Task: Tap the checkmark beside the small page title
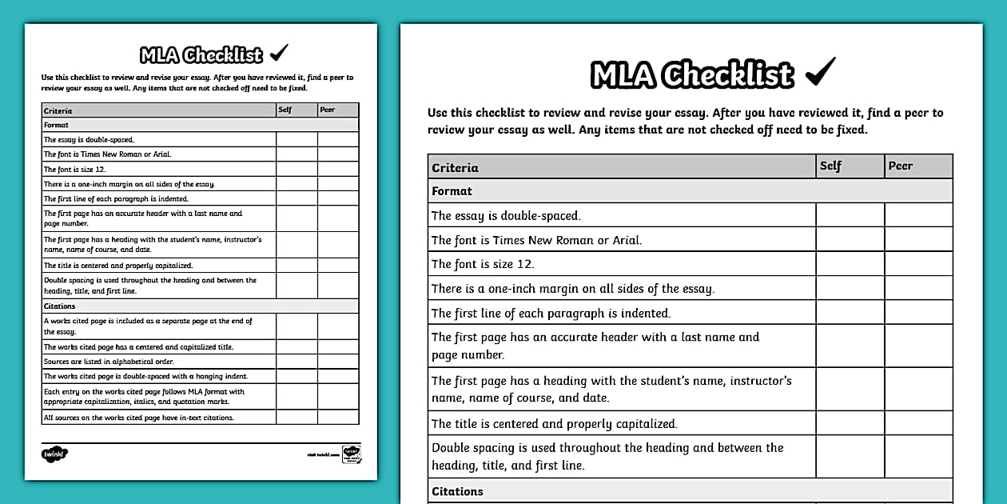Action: click(279, 54)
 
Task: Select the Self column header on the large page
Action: click(830, 166)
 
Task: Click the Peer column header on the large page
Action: click(900, 166)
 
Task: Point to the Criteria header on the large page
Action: click(455, 168)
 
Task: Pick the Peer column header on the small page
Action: click(327, 110)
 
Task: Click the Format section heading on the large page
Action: click(452, 191)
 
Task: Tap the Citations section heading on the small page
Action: click(60, 306)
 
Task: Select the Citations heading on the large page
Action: click(458, 491)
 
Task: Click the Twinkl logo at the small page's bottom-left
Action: click(54, 454)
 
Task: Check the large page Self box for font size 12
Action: click(850, 264)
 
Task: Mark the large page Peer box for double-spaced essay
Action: click(918, 215)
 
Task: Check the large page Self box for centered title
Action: click(850, 424)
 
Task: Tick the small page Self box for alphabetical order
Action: click(297, 362)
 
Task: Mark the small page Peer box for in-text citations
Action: click(338, 418)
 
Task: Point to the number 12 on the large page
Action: click(524, 264)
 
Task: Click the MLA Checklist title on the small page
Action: click(201, 55)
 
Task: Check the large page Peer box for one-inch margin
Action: click(918, 288)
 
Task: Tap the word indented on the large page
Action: click(644, 314)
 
